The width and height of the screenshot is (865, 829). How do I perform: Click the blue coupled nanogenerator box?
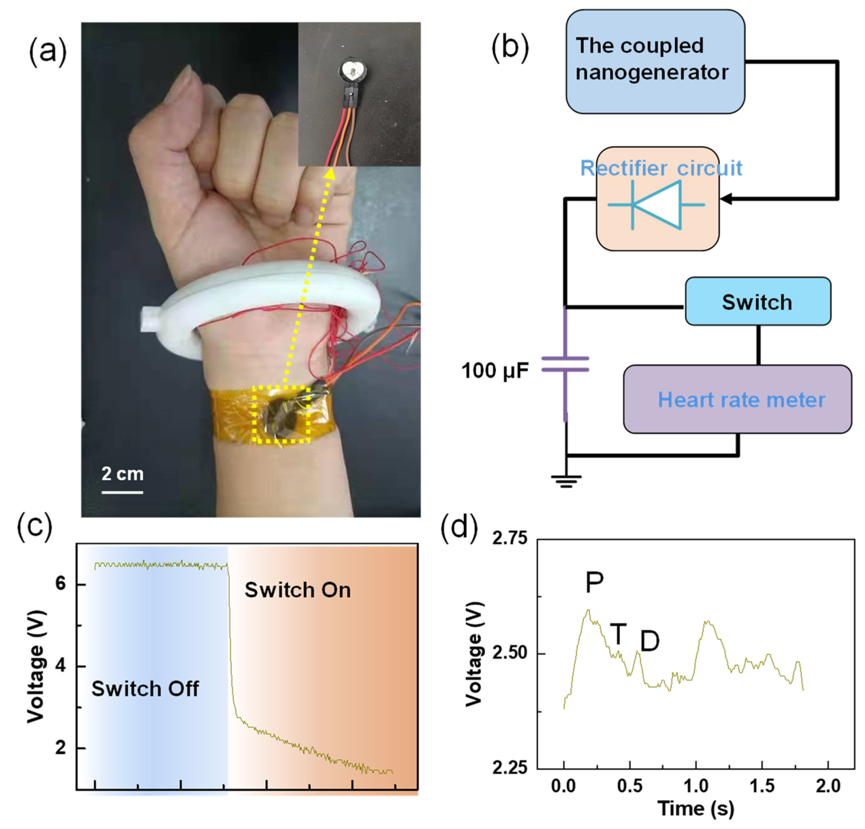[x=655, y=62]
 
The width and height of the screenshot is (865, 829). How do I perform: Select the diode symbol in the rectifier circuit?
[x=657, y=205]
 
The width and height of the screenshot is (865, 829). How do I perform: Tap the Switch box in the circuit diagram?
[x=757, y=302]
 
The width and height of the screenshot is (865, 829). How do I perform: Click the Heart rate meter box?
[x=737, y=399]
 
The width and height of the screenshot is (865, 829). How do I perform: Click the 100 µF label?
[x=494, y=371]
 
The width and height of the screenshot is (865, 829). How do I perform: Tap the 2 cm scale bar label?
[x=122, y=474]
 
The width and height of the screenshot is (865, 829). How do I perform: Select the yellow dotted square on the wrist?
[x=281, y=414]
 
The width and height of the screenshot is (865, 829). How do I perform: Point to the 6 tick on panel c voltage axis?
[x=61, y=584]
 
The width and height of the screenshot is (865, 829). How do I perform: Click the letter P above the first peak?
[x=594, y=582]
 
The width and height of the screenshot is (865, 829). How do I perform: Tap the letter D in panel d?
[x=649, y=641]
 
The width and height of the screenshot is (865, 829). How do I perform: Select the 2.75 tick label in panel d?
[x=510, y=538]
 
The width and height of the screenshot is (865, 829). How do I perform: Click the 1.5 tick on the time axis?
[x=762, y=786]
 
